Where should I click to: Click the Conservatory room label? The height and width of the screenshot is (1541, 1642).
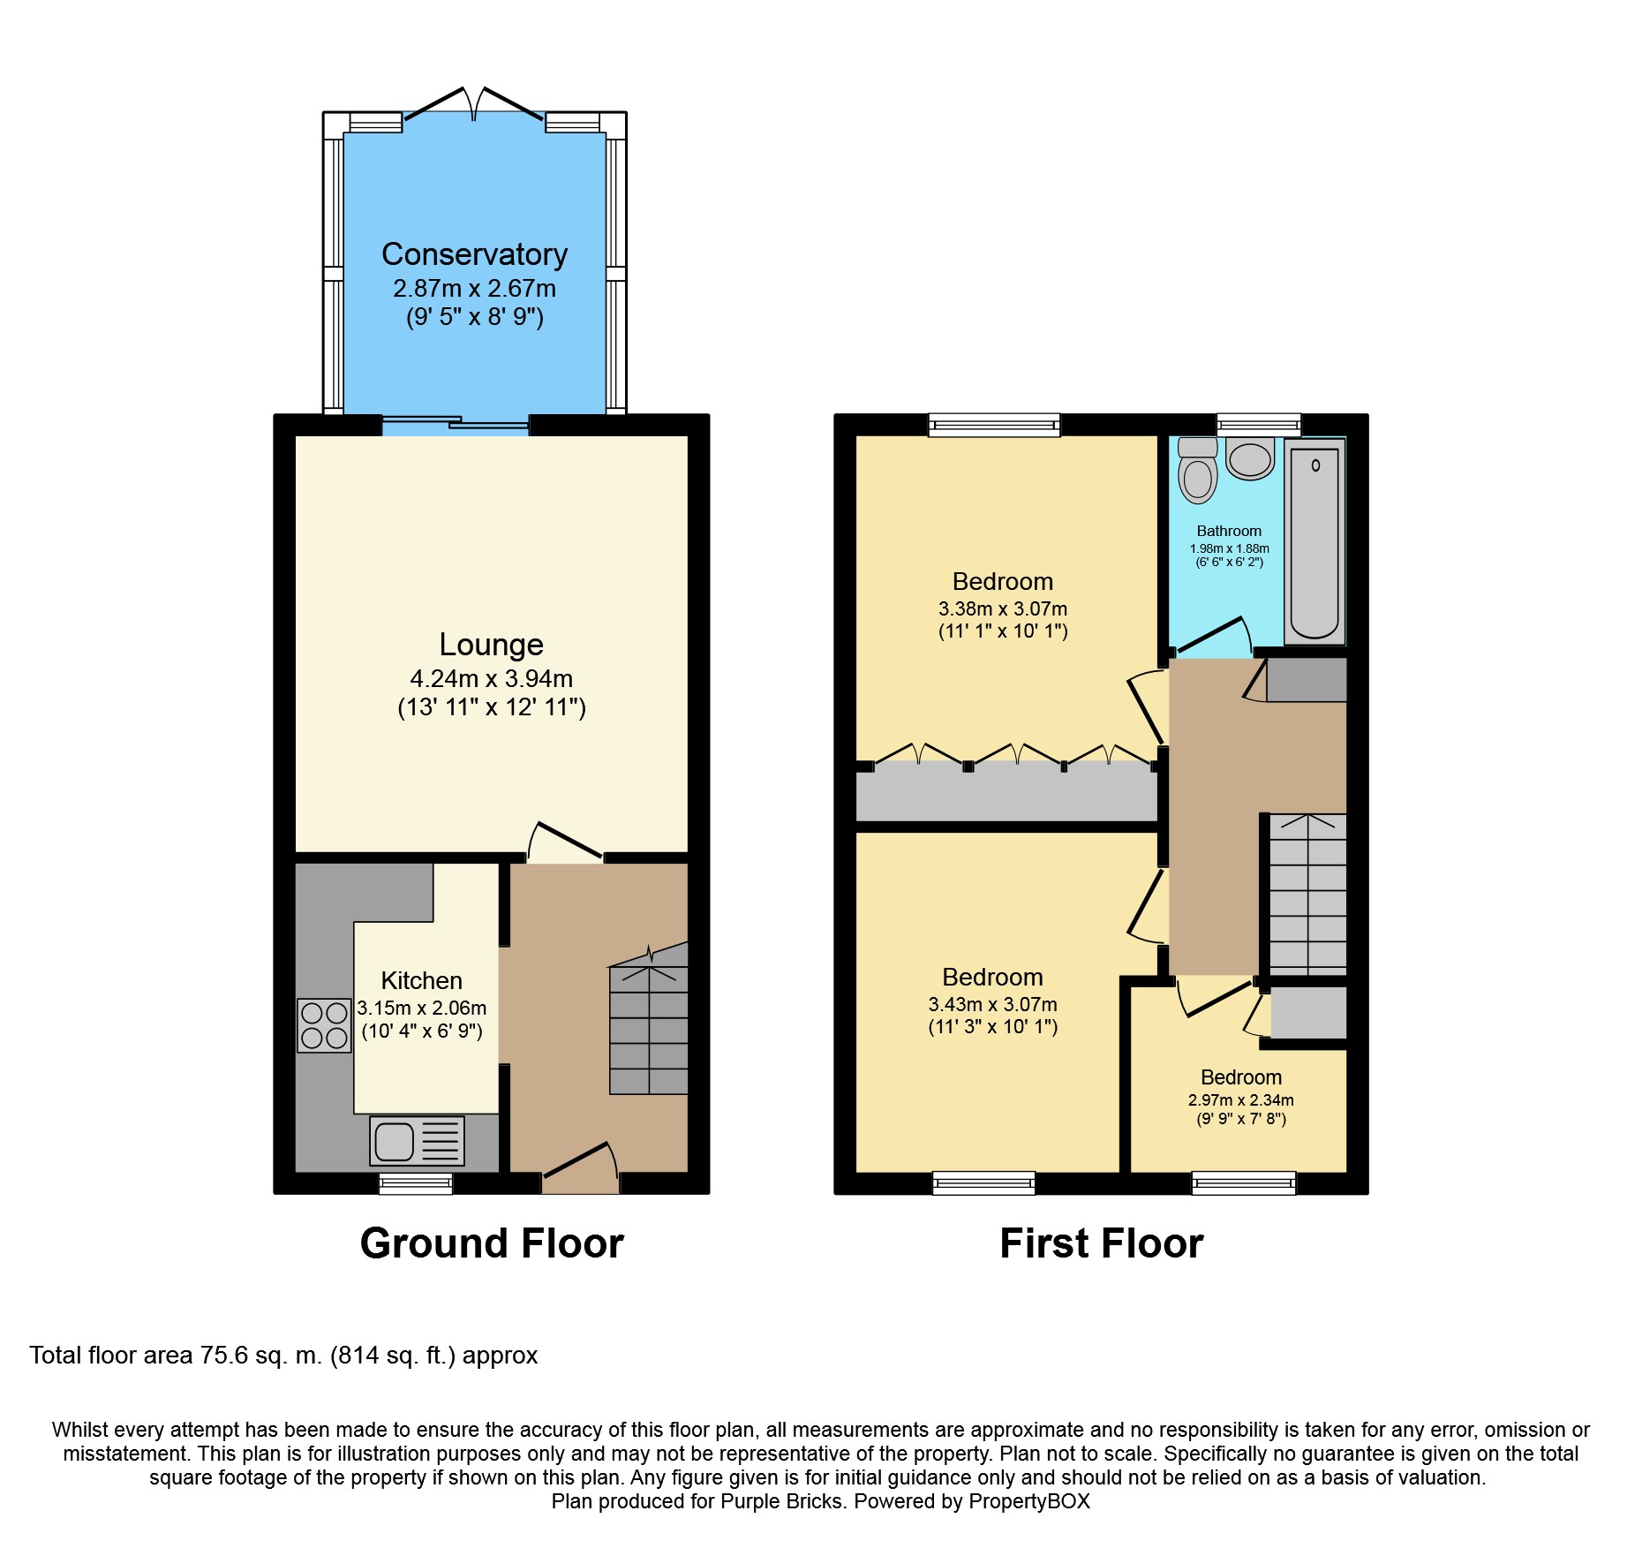(x=474, y=254)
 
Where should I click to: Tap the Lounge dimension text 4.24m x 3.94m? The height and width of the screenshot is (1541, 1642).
(x=492, y=678)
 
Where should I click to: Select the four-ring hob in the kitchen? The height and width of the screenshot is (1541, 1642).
(x=324, y=1025)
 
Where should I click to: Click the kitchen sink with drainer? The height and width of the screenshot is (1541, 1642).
(x=417, y=1140)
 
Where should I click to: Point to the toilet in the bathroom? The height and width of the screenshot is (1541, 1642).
(x=1197, y=470)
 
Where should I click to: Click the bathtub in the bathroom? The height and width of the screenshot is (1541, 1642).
(x=1315, y=541)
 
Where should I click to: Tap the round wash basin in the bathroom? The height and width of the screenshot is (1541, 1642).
(x=1250, y=458)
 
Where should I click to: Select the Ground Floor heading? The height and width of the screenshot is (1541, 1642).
(x=492, y=1243)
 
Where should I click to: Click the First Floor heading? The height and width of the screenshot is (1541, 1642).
(x=1102, y=1243)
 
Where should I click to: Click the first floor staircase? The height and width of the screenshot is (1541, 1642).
(x=1308, y=894)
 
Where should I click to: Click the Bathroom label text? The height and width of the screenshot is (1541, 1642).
(x=1229, y=531)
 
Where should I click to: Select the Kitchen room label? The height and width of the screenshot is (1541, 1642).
(x=422, y=980)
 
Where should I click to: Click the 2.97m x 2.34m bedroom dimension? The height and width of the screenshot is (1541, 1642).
(x=1241, y=1100)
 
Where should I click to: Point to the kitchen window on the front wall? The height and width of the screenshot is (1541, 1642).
(x=416, y=1183)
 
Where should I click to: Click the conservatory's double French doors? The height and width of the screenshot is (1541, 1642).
(x=474, y=104)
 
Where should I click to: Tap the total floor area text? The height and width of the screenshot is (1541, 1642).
(x=283, y=1356)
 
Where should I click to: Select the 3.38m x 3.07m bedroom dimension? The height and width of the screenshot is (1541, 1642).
(x=1003, y=608)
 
